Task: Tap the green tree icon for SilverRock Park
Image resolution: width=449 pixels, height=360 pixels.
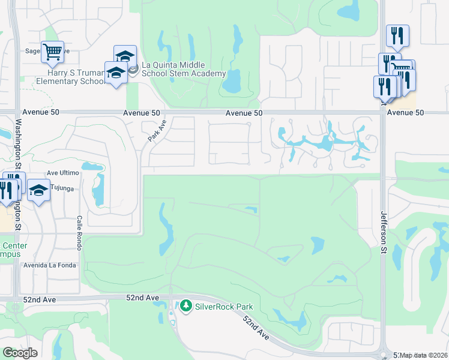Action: pos(186,306)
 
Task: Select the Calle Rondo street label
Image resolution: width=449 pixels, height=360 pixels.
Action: pos(79,233)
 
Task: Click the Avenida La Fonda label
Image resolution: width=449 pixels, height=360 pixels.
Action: pos(49,265)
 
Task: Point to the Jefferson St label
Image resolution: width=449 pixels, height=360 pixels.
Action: pos(384,233)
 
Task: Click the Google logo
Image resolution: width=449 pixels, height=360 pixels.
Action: pos(20,352)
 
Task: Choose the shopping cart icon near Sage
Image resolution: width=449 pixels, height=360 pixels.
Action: pos(52,50)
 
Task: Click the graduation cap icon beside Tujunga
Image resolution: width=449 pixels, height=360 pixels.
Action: pos(39,190)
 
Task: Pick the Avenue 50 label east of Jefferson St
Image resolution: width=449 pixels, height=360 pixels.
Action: pos(406,113)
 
